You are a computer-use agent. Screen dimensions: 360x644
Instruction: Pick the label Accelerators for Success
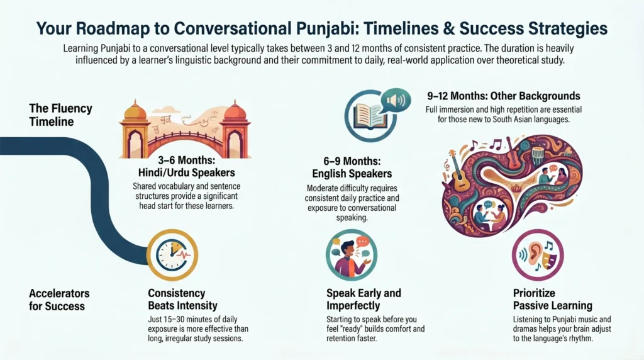click(x=59, y=300)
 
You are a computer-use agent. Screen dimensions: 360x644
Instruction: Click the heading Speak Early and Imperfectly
click(x=364, y=300)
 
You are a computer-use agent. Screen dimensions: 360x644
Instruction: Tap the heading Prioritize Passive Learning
click(x=552, y=300)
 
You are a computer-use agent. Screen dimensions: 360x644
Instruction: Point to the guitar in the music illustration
click(x=460, y=170)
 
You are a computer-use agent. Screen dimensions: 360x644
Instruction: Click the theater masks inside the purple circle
click(x=550, y=259)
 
